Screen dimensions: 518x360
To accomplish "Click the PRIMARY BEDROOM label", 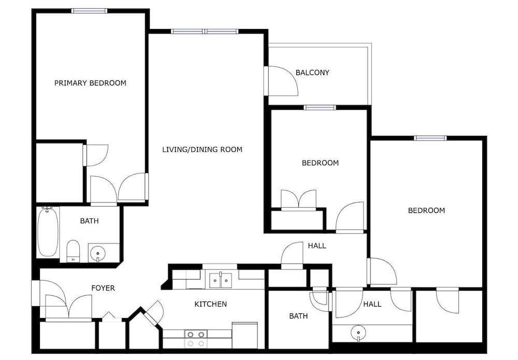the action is point(90,83).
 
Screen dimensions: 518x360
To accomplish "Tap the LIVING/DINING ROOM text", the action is point(202,150).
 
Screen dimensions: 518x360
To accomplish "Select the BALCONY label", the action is point(312,73).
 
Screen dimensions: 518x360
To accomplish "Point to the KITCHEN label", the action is point(210,304).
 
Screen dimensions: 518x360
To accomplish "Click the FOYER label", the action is point(103,289).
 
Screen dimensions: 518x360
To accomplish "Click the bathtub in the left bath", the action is point(48,232).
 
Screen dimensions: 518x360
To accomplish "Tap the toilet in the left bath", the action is point(73,251).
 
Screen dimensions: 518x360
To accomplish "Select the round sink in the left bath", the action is point(97,254).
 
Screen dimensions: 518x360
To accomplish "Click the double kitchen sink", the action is point(220,280).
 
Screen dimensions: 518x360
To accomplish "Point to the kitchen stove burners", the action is point(196,339).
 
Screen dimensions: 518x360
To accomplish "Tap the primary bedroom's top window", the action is point(90,11).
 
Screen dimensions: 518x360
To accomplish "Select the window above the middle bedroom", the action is point(320,107).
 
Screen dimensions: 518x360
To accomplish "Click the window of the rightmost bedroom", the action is point(430,138).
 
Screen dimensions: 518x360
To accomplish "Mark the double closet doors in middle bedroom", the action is point(299,200).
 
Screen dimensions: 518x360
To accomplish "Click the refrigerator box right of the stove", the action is point(245,335).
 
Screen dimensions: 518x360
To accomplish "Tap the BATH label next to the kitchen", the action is point(298,316).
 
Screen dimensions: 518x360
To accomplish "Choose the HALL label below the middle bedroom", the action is point(317,246).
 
